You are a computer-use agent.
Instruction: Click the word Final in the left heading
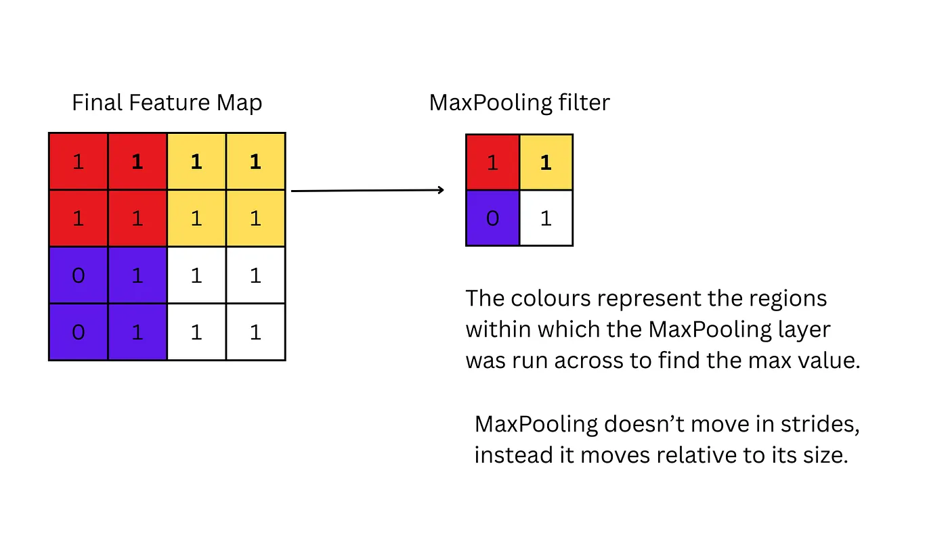(x=98, y=102)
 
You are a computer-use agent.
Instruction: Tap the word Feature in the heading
(x=169, y=102)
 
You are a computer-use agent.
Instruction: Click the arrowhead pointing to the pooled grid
(x=441, y=190)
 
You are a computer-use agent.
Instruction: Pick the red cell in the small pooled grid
(x=493, y=162)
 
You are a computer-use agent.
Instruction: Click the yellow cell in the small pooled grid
(x=546, y=162)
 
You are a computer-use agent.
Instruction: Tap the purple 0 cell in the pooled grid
(x=493, y=218)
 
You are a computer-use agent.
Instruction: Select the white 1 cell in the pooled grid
(x=546, y=218)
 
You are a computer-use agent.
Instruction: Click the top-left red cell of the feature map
(x=79, y=162)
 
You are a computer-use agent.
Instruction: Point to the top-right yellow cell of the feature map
(x=256, y=162)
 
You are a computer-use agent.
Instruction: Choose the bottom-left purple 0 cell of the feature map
(x=79, y=332)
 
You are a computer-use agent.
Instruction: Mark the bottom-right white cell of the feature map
(x=256, y=332)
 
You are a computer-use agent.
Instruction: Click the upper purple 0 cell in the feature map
(x=79, y=275)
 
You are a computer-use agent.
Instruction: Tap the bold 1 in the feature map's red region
(x=137, y=162)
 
